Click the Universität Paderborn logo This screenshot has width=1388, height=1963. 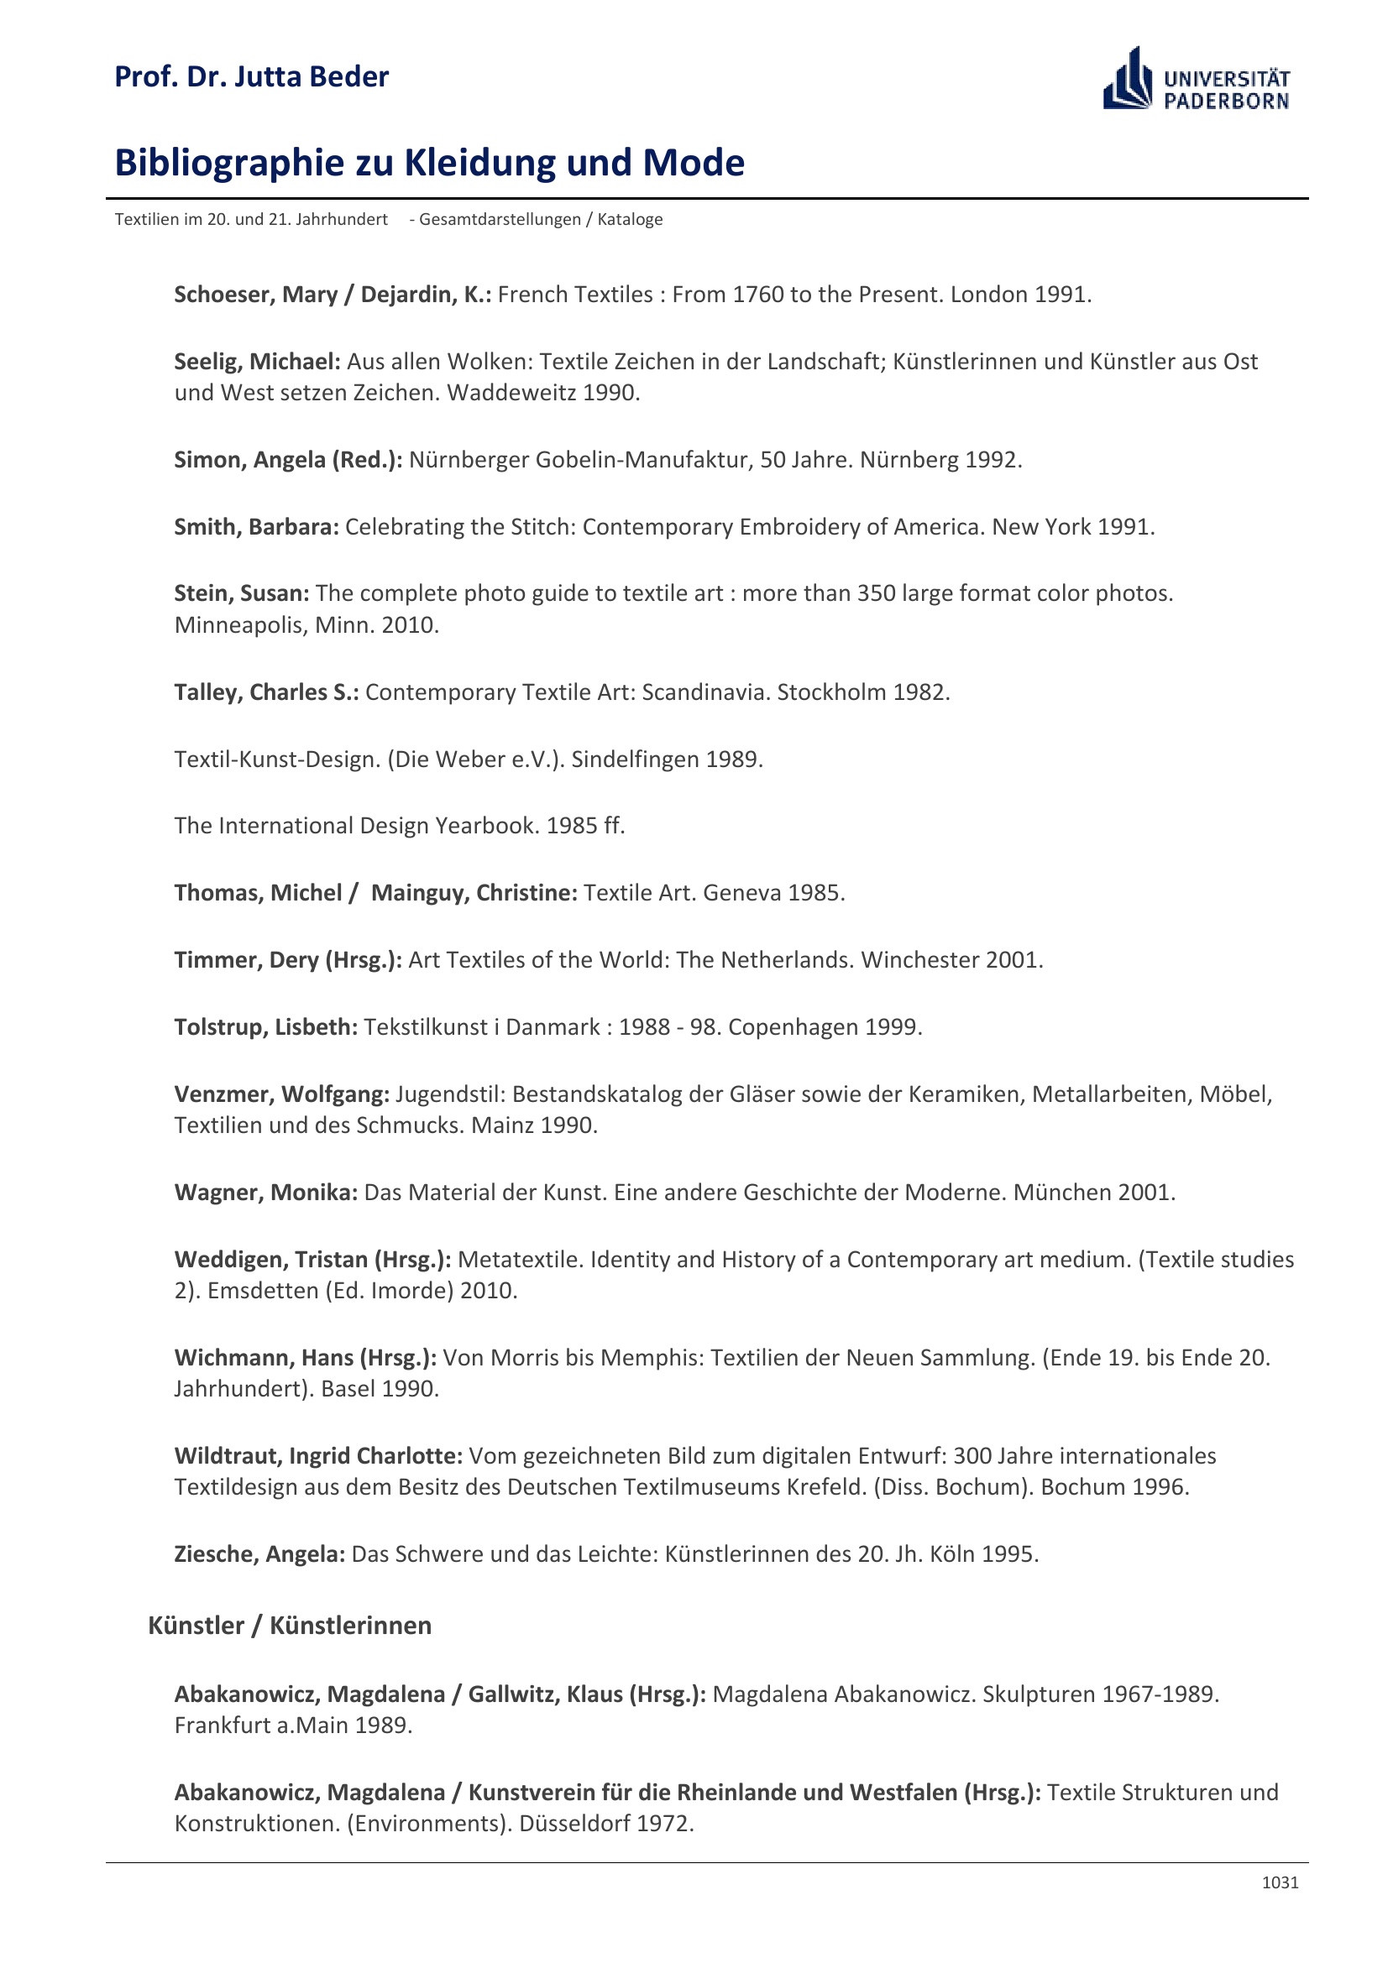(x=1196, y=79)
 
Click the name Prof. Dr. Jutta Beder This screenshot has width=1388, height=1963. (x=251, y=77)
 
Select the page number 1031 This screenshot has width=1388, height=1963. (x=1280, y=1882)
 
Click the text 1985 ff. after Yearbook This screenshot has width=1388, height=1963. (x=585, y=826)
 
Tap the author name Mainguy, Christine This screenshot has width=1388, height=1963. (x=474, y=893)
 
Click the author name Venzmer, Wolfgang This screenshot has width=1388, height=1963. (x=281, y=1094)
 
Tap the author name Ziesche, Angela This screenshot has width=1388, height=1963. (x=259, y=1553)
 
